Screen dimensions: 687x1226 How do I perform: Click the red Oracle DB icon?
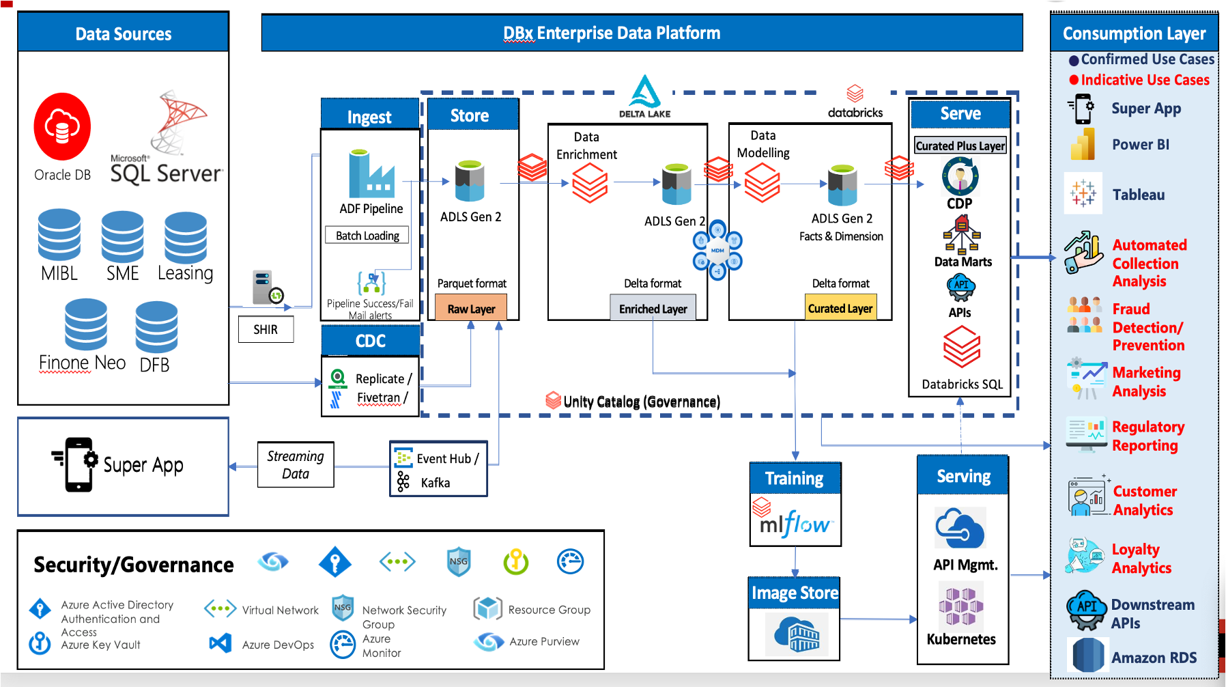coord(62,127)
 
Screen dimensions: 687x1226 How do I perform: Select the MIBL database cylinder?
coord(59,236)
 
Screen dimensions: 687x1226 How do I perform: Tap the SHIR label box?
coord(266,330)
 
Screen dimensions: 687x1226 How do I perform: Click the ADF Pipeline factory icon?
coord(371,174)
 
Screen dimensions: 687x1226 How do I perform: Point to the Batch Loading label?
coord(367,236)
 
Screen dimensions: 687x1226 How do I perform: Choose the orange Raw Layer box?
coord(471,309)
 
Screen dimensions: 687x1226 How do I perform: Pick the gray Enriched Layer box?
coord(653,309)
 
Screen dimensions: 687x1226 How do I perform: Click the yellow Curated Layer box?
coord(840,309)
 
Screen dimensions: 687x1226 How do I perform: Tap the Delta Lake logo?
coord(644,94)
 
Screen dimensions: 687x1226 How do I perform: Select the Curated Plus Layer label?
coord(960,145)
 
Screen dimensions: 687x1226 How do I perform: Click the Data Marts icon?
coord(962,234)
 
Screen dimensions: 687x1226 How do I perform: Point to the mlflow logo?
coord(795,524)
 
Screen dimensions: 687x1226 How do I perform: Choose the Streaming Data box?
coord(296,464)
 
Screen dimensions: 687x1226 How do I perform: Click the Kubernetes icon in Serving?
coord(960,604)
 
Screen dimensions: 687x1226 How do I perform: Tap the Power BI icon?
coord(1083,145)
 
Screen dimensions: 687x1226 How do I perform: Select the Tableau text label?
coord(1139,195)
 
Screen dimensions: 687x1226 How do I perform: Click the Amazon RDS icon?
coord(1087,656)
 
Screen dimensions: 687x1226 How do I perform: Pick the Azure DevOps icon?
coord(220,643)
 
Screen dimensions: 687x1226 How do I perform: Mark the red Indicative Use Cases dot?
coord(1074,80)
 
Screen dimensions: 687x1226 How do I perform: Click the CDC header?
coord(371,341)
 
